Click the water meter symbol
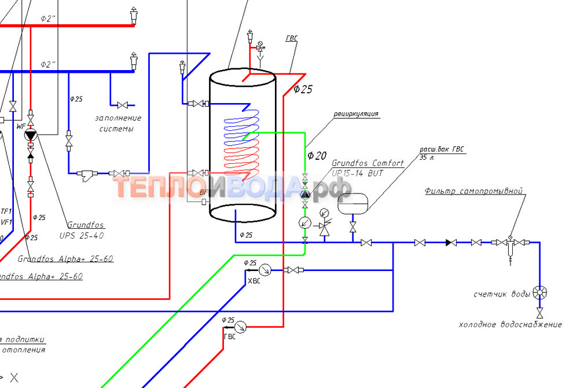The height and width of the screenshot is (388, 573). click(x=540, y=292)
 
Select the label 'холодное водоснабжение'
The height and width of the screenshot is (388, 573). click(x=510, y=324)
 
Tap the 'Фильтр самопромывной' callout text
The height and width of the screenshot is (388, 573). click(x=473, y=191)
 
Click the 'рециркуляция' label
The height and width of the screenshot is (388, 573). click(x=355, y=114)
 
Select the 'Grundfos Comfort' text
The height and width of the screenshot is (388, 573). click(x=368, y=163)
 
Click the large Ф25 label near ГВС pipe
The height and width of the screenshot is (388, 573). click(x=303, y=89)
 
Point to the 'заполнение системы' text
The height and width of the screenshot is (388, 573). click(x=118, y=123)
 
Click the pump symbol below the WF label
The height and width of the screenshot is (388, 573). click(x=30, y=136)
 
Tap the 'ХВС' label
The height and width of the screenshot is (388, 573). click(x=254, y=281)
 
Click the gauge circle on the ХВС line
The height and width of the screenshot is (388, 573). click(x=266, y=269)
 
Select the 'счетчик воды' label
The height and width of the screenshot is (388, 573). click(x=502, y=294)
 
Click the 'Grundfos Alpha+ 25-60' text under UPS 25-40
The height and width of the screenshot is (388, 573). click(x=65, y=259)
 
